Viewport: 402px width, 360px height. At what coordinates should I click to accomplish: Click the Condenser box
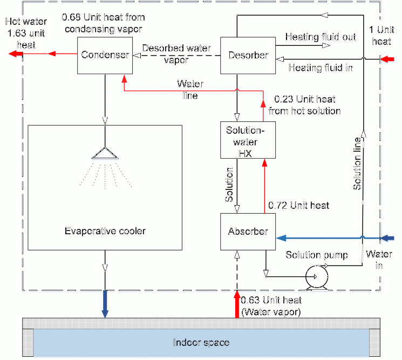pyautogui.click(x=105, y=55)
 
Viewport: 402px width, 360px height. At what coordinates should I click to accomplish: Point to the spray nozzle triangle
pyautogui.click(x=105, y=153)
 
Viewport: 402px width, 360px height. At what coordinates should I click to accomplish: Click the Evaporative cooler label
pyautogui.click(x=105, y=231)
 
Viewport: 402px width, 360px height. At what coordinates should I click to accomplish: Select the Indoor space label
pyautogui.click(x=201, y=343)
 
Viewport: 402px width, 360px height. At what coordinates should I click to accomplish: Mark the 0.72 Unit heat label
pyautogui.click(x=298, y=206)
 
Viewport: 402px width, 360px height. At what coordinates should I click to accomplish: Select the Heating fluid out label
pyautogui.click(x=321, y=37)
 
